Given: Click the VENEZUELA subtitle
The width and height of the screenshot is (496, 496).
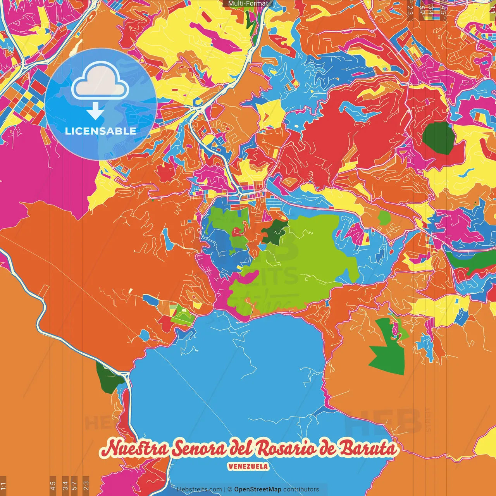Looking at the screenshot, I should pyautogui.click(x=248, y=467).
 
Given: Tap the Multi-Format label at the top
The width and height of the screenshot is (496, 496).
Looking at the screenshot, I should pyautogui.click(x=248, y=3).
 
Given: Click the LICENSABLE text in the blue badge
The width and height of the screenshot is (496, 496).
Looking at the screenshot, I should pyautogui.click(x=101, y=131).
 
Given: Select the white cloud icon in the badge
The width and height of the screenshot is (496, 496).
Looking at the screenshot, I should pyautogui.click(x=100, y=82).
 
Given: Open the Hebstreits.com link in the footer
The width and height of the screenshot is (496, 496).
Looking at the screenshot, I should pyautogui.click(x=199, y=489).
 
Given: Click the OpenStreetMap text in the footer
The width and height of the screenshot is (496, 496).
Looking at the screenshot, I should pyautogui.click(x=258, y=489).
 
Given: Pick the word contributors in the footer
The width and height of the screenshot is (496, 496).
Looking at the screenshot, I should pyautogui.click(x=301, y=489).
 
